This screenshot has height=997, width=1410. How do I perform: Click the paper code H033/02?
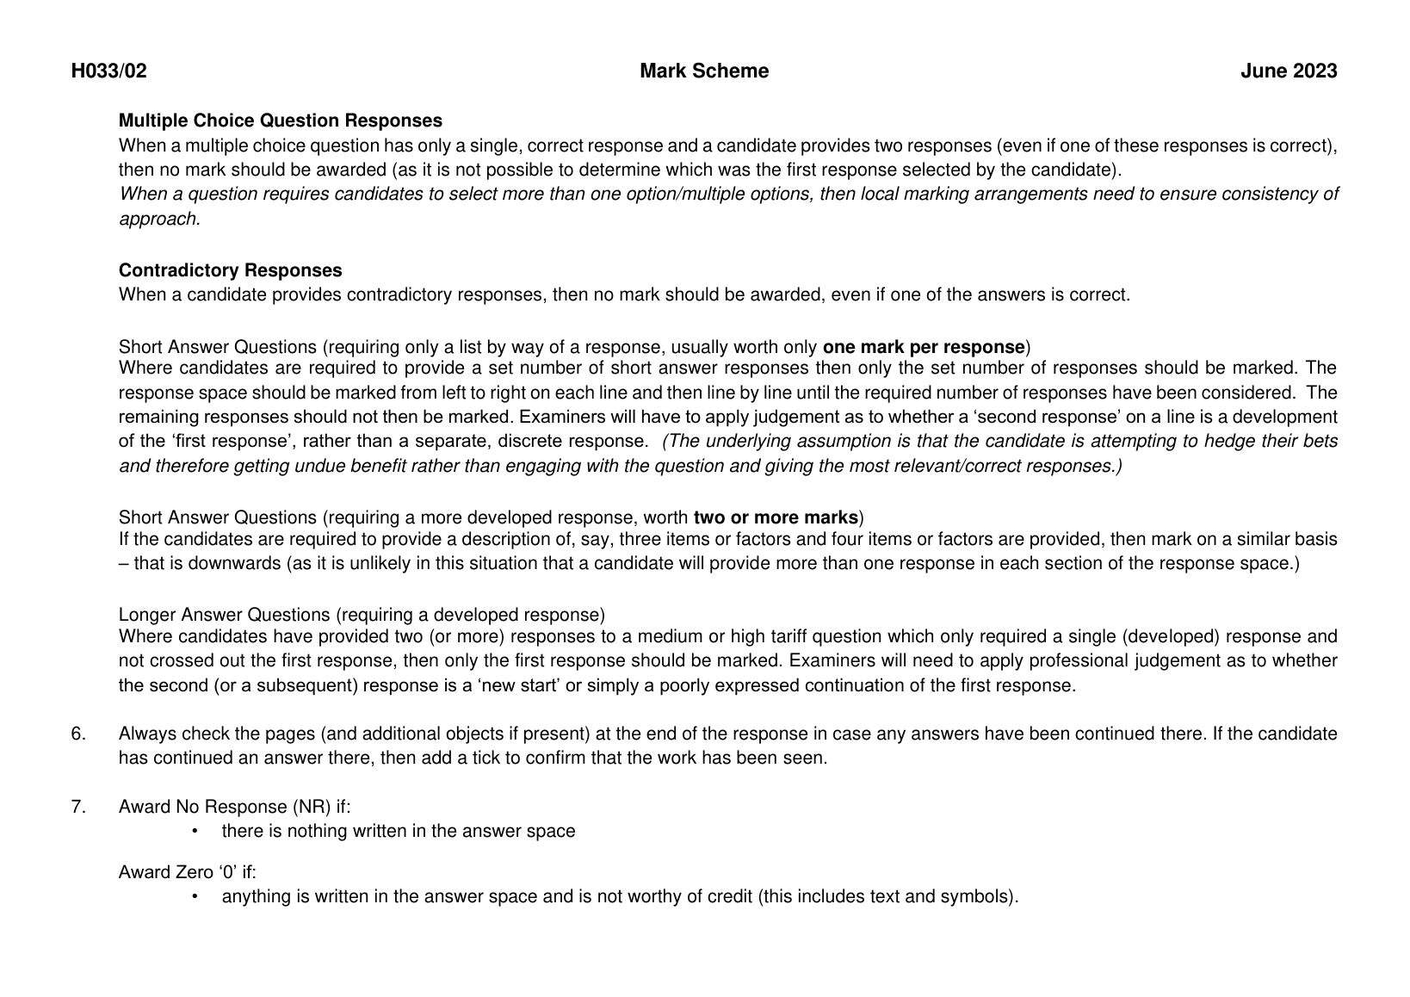tap(108, 71)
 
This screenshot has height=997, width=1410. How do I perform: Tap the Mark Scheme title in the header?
tap(704, 71)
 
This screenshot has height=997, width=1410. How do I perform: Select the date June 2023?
tap(1289, 71)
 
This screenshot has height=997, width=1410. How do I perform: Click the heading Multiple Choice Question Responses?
tap(281, 121)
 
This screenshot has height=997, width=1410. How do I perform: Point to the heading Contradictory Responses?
tap(230, 270)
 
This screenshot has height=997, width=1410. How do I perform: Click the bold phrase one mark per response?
tap(924, 348)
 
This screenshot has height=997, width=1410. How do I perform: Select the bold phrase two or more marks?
tap(776, 518)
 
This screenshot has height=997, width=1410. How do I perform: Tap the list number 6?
tap(78, 734)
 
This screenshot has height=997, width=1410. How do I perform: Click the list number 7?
tap(78, 807)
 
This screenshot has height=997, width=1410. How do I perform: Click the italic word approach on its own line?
tap(159, 220)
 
